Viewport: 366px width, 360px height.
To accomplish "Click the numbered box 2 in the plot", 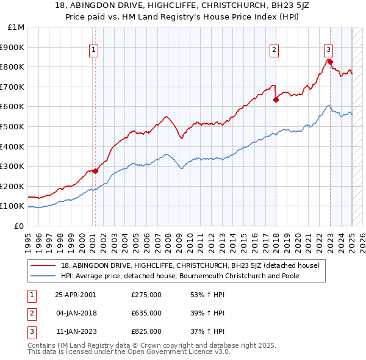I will pyautogui.click(x=274, y=51).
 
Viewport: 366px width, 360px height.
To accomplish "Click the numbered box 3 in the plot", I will pyautogui.click(x=328, y=51).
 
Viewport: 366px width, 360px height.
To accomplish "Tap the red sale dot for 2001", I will pyautogui.click(x=95, y=171).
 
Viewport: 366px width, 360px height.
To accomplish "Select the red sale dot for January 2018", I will pyautogui.click(x=276, y=99).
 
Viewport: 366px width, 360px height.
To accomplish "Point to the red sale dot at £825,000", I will pyautogui.click(x=330, y=62).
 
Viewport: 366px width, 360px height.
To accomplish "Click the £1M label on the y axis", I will pyautogui.click(x=16, y=27).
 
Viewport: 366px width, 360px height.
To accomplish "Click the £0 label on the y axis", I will pyautogui.click(x=18, y=226).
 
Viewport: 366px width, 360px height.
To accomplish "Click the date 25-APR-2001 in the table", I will pyautogui.click(x=76, y=295).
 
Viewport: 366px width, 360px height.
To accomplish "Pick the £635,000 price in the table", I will pyautogui.click(x=146, y=313).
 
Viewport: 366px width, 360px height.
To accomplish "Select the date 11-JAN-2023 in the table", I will pyautogui.click(x=76, y=331).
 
